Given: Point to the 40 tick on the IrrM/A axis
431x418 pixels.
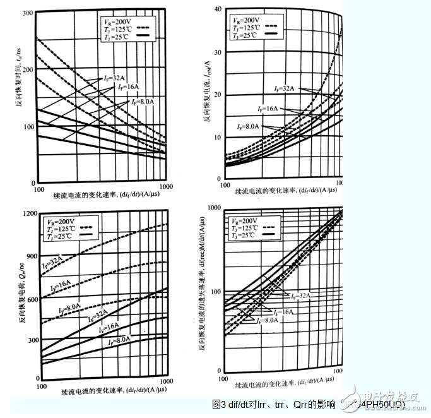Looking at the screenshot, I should tap(216, 9).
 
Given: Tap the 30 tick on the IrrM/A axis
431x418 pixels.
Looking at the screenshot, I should tap(216, 52).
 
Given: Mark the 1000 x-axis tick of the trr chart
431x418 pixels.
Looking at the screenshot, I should tap(167, 188).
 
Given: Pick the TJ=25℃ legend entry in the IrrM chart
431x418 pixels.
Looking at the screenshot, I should tap(245, 35).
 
